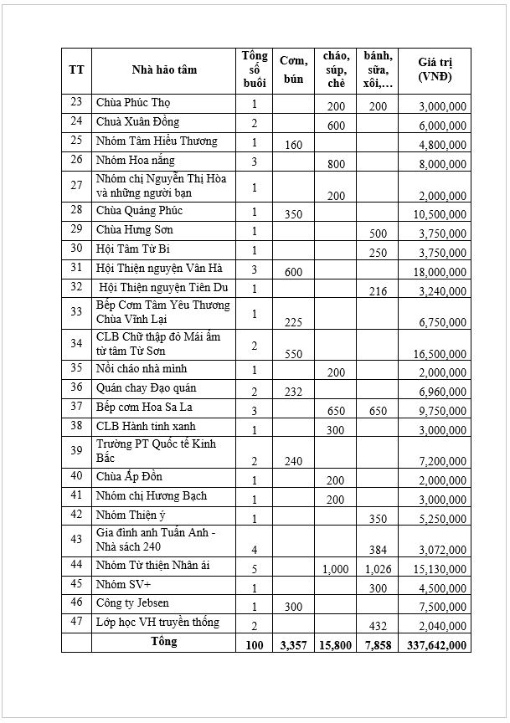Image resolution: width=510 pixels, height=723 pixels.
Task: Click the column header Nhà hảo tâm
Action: click(x=164, y=69)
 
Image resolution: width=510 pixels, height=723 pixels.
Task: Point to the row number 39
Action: click(x=76, y=449)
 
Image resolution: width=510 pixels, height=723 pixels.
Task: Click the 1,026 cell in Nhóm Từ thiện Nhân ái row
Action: click(x=379, y=569)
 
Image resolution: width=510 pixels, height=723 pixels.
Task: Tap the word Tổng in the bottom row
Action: click(x=163, y=643)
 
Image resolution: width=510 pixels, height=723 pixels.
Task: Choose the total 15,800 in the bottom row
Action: click(x=336, y=645)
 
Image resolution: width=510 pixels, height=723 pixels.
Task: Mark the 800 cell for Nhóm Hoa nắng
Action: click(x=337, y=164)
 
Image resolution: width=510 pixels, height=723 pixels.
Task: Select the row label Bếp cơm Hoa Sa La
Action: click(x=142, y=406)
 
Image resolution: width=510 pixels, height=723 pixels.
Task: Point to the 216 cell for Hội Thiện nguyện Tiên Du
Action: click(x=378, y=291)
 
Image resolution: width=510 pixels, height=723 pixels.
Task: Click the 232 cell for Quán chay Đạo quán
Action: click(x=293, y=390)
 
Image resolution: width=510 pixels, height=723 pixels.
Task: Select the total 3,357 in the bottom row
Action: click(x=293, y=645)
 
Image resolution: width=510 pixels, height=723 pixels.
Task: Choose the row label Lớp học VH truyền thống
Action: click(x=157, y=623)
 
